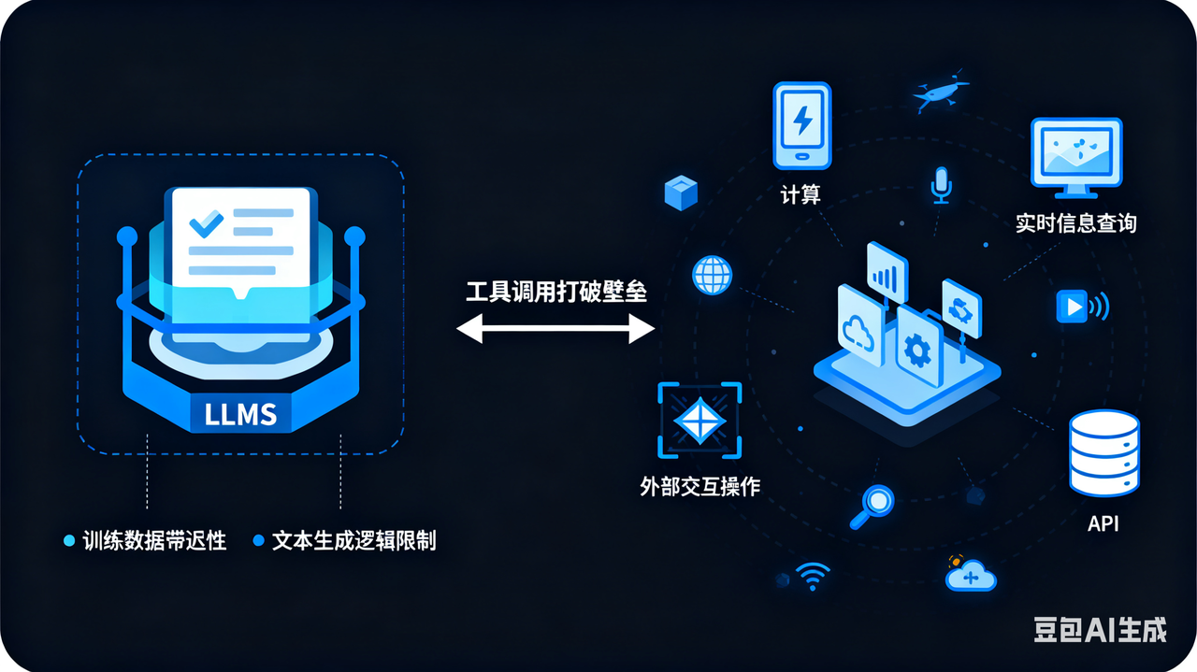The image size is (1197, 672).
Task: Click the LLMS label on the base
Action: point(240,412)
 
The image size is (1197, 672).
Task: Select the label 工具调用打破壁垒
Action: point(556,292)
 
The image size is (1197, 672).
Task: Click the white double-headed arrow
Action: point(555,328)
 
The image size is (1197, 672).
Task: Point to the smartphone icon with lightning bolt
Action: point(801,126)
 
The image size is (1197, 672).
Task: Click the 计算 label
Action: point(800,194)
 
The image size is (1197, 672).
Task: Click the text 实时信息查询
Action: point(1075,223)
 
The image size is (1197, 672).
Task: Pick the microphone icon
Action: point(941,185)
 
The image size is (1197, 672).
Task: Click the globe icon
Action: point(712,275)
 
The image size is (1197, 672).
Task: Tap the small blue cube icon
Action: point(681,192)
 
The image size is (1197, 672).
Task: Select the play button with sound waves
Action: point(1078,306)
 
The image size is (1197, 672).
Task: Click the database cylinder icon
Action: point(1103,452)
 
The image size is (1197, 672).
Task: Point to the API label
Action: point(1103,523)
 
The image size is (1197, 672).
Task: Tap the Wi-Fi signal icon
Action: point(812,577)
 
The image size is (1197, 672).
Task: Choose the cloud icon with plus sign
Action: point(971,575)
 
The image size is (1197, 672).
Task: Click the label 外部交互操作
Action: point(699,487)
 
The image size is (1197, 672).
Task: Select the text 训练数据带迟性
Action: point(154,540)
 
